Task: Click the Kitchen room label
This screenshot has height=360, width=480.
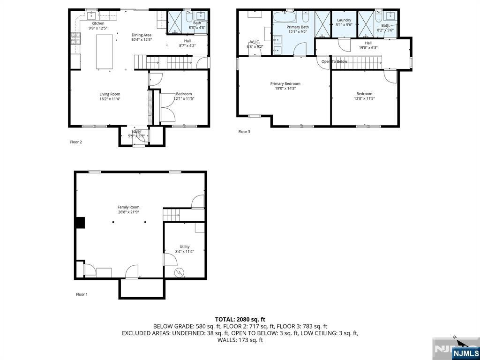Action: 97,23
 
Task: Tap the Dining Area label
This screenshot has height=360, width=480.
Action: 141,35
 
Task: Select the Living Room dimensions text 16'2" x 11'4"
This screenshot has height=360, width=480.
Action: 110,99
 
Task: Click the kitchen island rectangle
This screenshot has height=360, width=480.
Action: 105,52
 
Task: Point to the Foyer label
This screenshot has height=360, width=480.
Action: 136,131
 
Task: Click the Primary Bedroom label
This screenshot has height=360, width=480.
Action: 285,83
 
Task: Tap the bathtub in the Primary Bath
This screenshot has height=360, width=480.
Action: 285,19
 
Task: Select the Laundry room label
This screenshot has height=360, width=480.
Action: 344,20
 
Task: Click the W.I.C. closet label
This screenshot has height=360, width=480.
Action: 255,42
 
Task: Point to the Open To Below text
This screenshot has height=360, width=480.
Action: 334,61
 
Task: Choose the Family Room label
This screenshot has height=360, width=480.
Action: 128,207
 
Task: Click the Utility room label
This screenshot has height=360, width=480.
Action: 185,247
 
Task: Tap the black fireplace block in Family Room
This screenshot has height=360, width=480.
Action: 80,223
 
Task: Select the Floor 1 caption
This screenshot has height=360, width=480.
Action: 82,294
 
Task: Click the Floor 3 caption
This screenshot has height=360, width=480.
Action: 244,132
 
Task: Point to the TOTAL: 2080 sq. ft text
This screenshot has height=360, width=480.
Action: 240,319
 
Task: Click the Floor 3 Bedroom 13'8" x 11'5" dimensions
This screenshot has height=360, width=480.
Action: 364,99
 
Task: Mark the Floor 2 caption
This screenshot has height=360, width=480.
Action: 76,142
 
